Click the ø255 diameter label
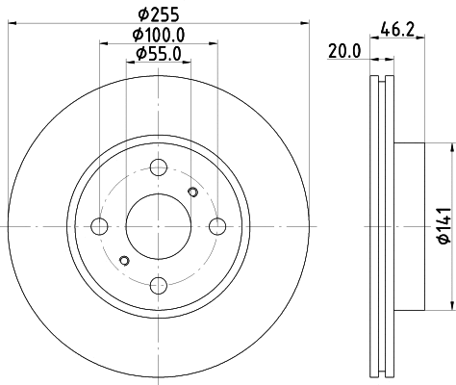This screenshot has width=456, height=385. (x=159, y=13)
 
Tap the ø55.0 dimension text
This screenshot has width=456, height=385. (x=159, y=54)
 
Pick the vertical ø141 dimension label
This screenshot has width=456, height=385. (x=443, y=227)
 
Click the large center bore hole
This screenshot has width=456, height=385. (x=158, y=227)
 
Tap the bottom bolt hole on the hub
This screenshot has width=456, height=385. (x=158, y=285)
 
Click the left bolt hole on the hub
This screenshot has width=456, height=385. (x=99, y=227)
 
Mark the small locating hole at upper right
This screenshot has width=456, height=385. (x=192, y=194)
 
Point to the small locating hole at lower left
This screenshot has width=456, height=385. (x=123, y=260)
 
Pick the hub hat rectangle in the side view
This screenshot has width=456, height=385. (x=408, y=227)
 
